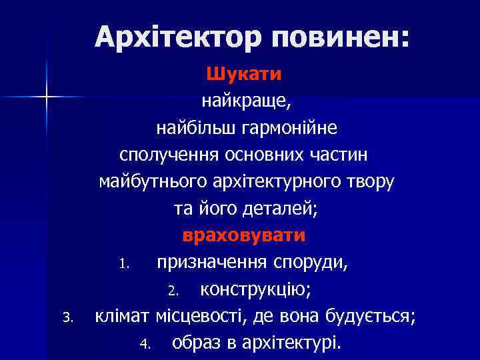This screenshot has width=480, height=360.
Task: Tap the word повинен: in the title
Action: click(x=341, y=37)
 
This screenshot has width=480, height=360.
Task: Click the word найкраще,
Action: click(x=245, y=101)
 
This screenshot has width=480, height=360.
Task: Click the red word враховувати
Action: click(x=244, y=235)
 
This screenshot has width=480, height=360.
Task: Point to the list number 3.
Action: click(x=66, y=318)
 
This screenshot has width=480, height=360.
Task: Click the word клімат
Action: click(x=123, y=317)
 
